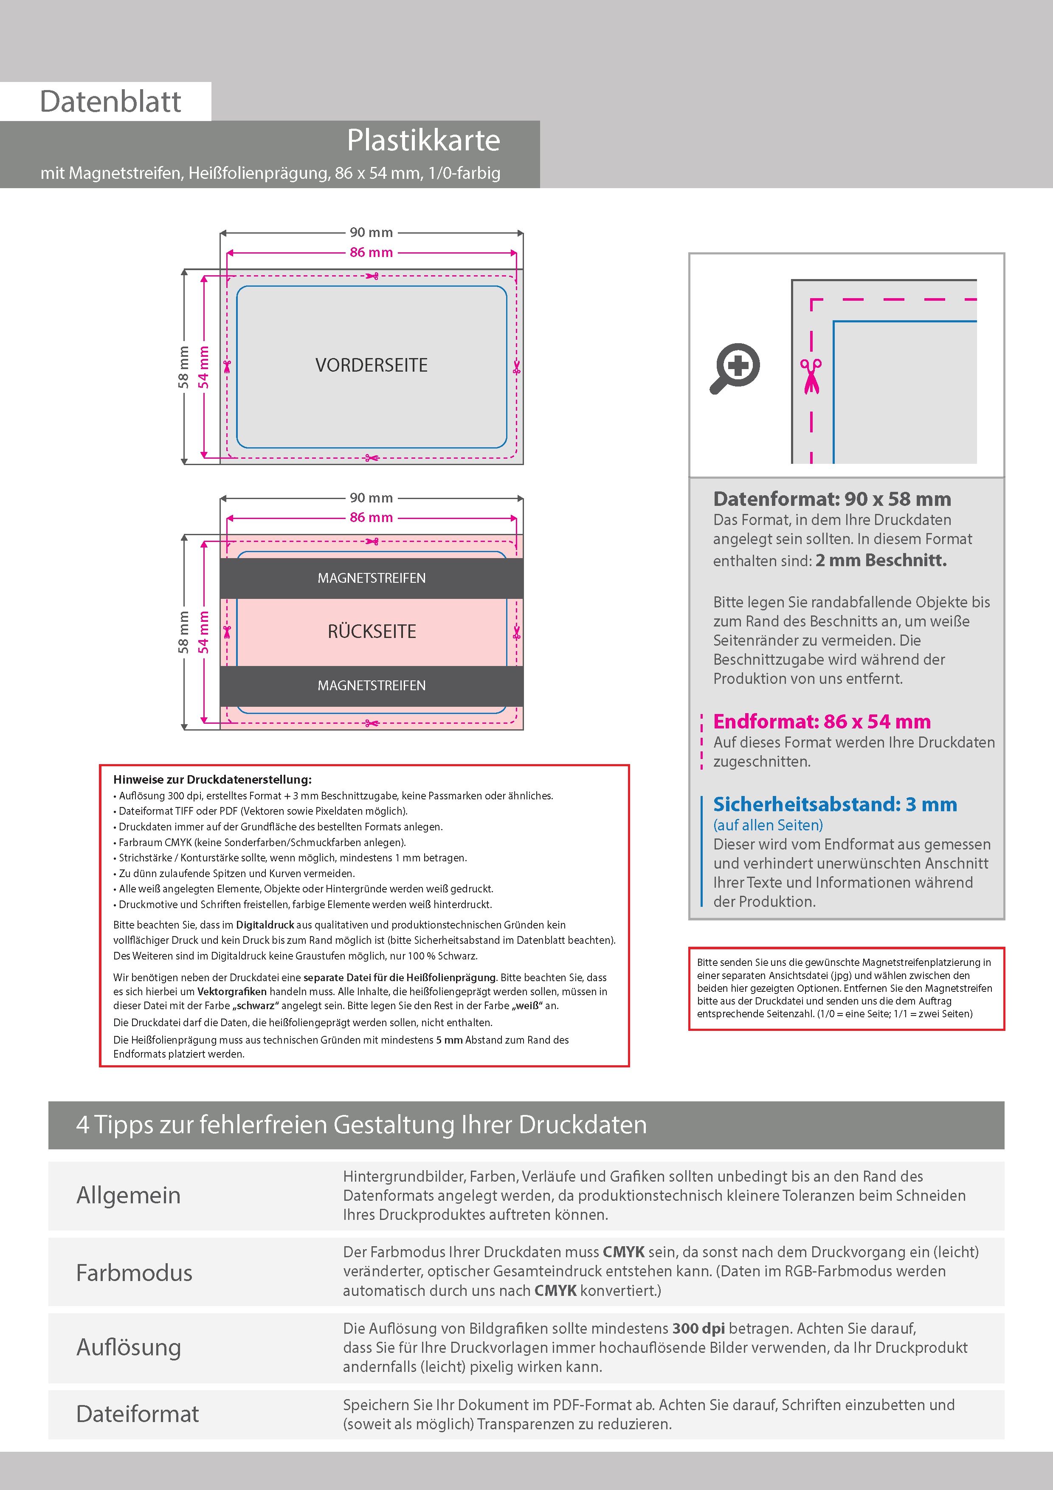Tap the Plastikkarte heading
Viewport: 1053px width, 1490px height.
pos(423,140)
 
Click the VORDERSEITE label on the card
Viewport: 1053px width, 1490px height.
pos(371,365)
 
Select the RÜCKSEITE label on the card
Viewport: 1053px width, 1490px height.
pos(371,632)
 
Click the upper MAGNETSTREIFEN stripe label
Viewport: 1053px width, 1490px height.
pos(371,578)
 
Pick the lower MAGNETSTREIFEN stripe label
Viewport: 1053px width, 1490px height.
pos(371,686)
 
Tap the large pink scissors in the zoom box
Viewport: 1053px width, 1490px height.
pos(811,376)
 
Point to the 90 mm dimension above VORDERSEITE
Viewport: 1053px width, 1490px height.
pos(371,232)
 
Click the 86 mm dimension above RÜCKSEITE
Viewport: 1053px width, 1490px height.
pos(371,518)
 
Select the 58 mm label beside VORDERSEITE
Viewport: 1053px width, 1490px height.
pos(183,367)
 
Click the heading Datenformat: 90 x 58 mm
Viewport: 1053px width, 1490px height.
pos(832,499)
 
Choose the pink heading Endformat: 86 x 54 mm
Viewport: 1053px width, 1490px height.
pos(821,722)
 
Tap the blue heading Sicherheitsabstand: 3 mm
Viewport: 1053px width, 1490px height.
pos(834,805)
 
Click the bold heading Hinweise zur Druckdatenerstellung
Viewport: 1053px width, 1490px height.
pos(212,779)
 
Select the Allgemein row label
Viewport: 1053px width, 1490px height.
pos(129,1195)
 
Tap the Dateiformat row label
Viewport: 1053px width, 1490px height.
pos(138,1414)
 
